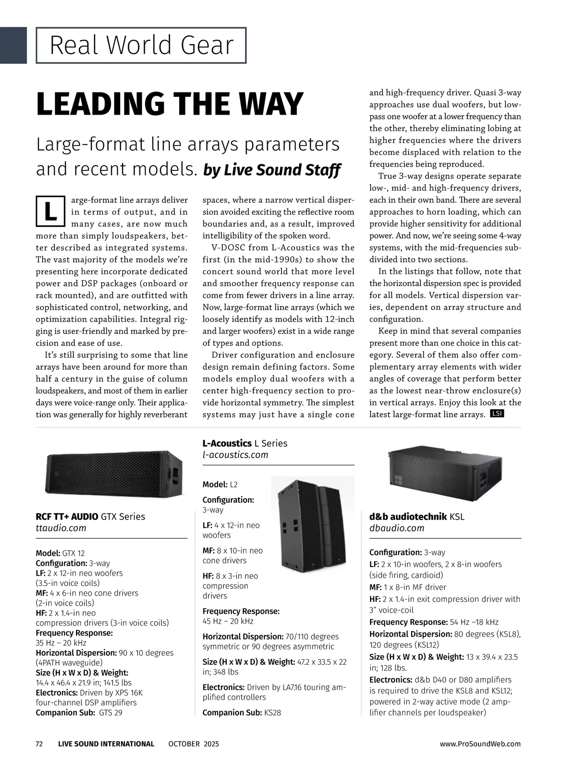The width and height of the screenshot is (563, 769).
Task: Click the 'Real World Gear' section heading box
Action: (141, 46)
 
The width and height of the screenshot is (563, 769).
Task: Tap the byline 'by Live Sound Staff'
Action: (272, 170)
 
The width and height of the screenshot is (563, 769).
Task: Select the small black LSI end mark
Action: (497, 414)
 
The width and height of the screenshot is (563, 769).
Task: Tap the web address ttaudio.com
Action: (61, 528)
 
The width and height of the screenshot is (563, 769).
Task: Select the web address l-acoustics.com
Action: (235, 454)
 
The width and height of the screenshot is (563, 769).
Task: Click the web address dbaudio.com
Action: (396, 528)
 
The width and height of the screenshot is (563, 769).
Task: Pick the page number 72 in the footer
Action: (39, 744)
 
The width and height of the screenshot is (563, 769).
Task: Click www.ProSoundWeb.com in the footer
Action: (480, 744)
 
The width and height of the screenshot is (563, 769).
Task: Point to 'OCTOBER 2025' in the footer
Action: (193, 744)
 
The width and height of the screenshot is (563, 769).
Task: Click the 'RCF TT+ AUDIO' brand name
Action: (67, 516)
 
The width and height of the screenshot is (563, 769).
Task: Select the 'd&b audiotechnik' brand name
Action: (408, 516)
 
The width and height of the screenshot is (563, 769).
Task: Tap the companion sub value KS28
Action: (273, 713)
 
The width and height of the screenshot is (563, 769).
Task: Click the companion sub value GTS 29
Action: (111, 713)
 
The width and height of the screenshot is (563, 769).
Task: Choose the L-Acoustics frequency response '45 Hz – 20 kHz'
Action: (228, 621)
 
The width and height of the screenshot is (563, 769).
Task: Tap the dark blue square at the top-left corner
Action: (13, 45)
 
